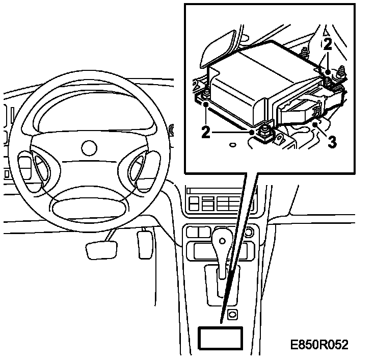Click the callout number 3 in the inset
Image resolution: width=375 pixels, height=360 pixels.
click(x=332, y=141)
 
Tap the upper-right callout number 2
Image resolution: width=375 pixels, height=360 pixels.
click(x=328, y=44)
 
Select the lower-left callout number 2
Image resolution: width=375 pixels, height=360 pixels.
click(x=205, y=132)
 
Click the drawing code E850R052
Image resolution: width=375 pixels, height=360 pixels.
click(x=319, y=345)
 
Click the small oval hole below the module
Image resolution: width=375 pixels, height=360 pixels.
click(x=232, y=145)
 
